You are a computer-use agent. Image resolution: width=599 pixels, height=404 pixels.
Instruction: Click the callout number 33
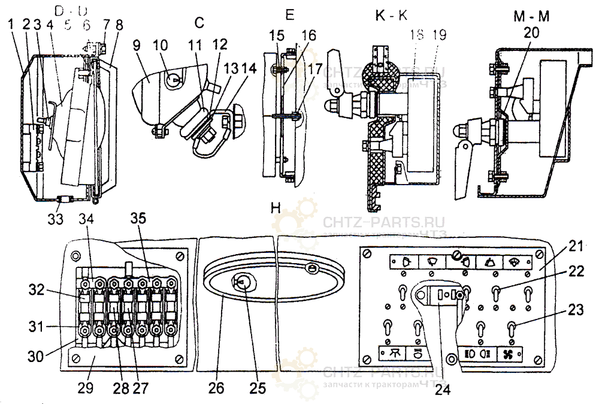[55, 219]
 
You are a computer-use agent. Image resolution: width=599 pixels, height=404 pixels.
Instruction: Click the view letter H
[276, 208]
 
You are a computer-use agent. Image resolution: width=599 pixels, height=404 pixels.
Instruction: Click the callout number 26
[216, 388]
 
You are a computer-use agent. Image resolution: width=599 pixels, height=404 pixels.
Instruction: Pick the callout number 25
[257, 388]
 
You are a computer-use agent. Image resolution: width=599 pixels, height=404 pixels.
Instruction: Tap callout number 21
[576, 245]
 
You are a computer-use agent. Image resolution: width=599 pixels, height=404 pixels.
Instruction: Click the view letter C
[199, 23]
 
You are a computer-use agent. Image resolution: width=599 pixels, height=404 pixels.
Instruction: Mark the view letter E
[290, 16]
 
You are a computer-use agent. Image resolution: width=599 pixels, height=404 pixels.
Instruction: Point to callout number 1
[11, 25]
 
